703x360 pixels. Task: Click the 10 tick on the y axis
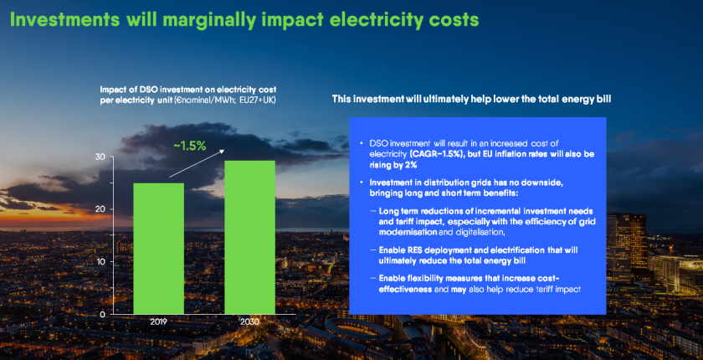pyautogui.click(x=124, y=261)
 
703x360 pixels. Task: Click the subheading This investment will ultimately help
pyautogui.click(x=471, y=99)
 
